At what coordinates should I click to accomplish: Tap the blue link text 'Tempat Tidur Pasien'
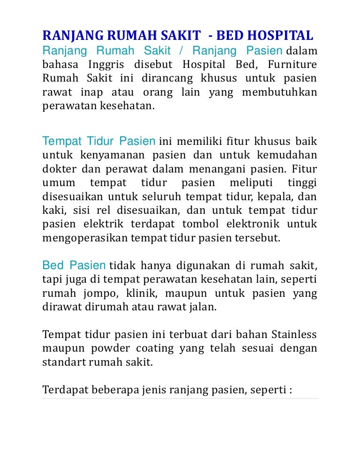coord(99,141)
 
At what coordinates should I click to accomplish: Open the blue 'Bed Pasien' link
coord(74,266)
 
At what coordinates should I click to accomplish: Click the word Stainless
coord(294,335)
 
